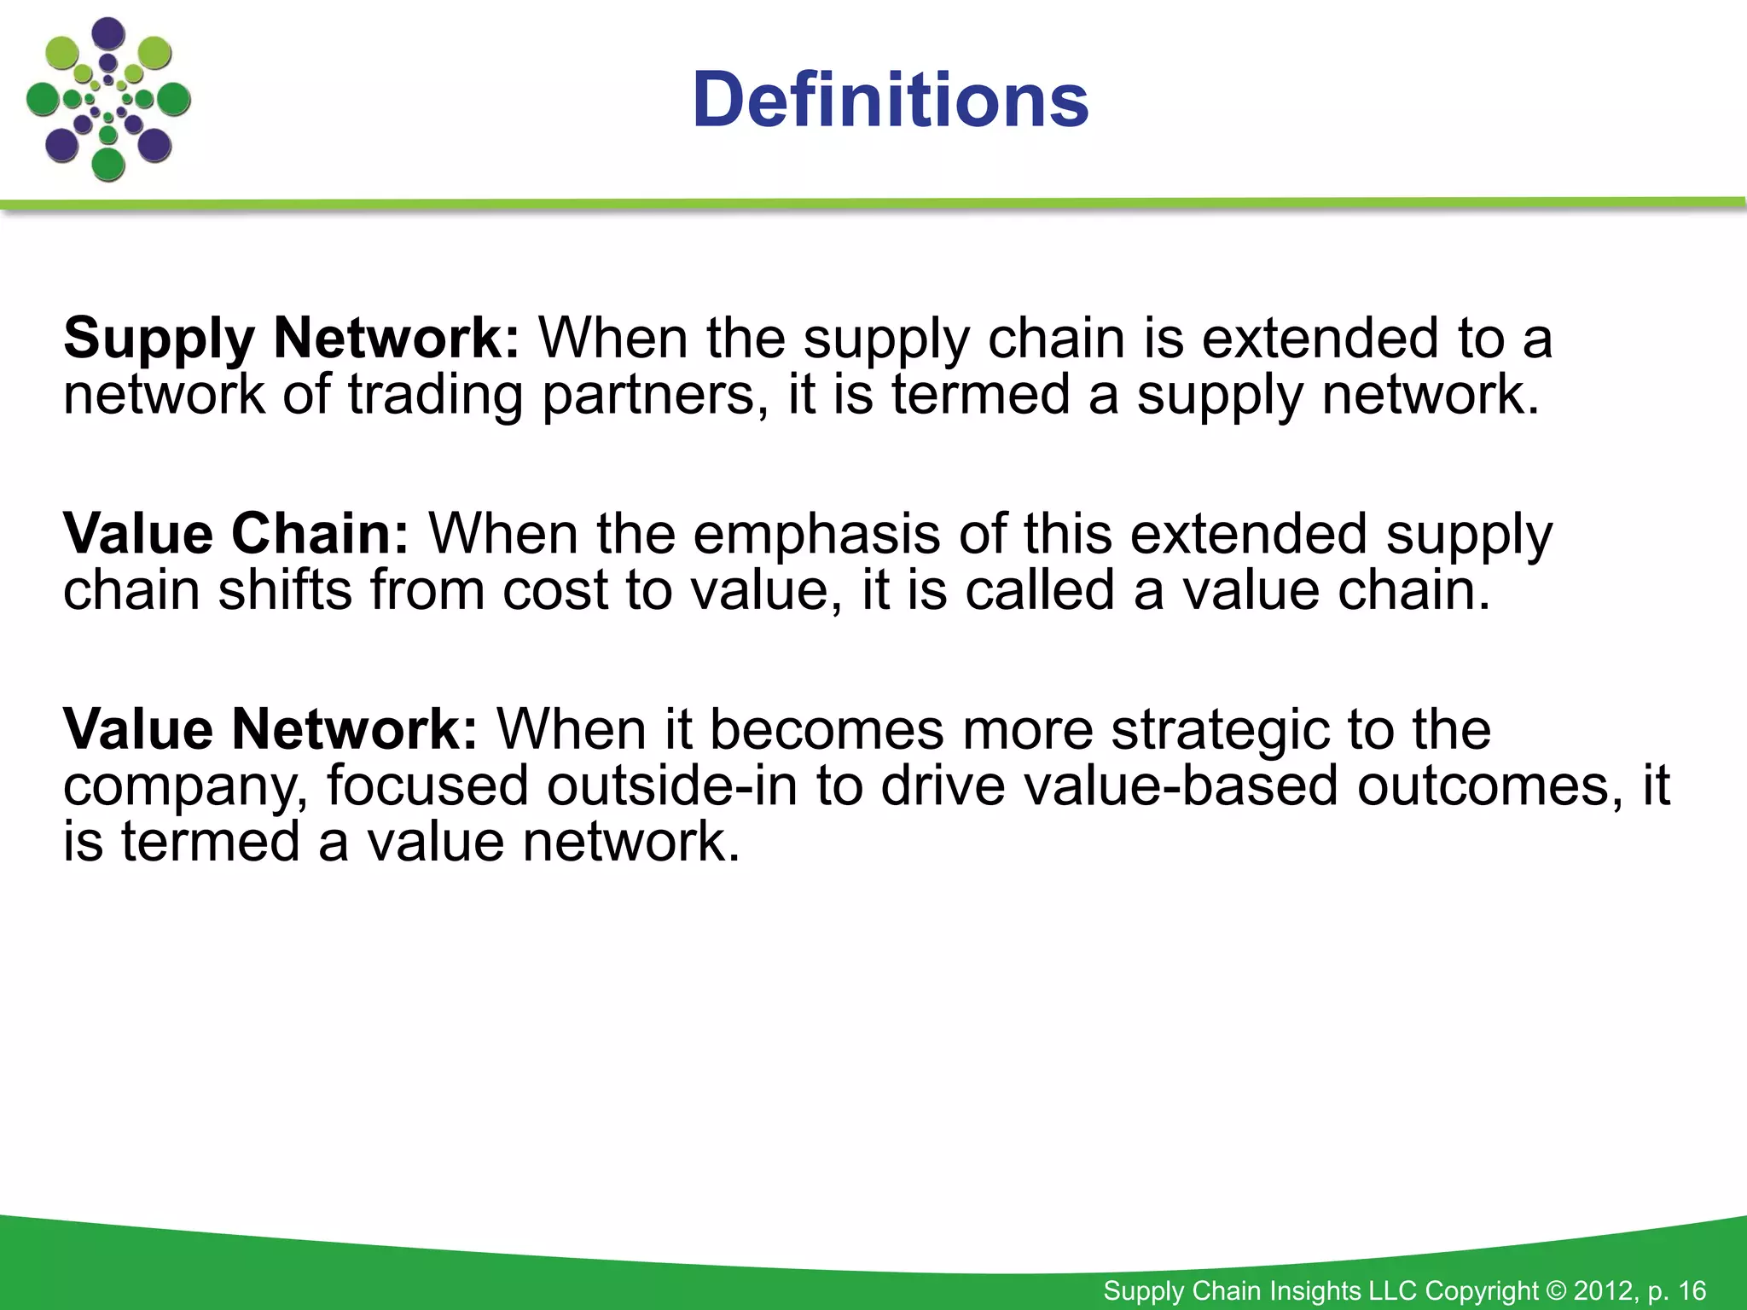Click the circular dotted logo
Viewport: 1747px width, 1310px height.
[x=108, y=101]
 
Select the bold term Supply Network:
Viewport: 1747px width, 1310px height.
[x=291, y=339]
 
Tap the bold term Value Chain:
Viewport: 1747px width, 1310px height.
[x=236, y=535]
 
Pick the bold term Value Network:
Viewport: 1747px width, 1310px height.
[x=270, y=730]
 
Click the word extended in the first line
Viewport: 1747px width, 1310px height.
[x=1320, y=338]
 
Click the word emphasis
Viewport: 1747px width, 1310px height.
[x=816, y=535]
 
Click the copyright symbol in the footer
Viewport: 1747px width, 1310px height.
[x=1555, y=1290]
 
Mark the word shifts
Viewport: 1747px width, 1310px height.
[x=285, y=590]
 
